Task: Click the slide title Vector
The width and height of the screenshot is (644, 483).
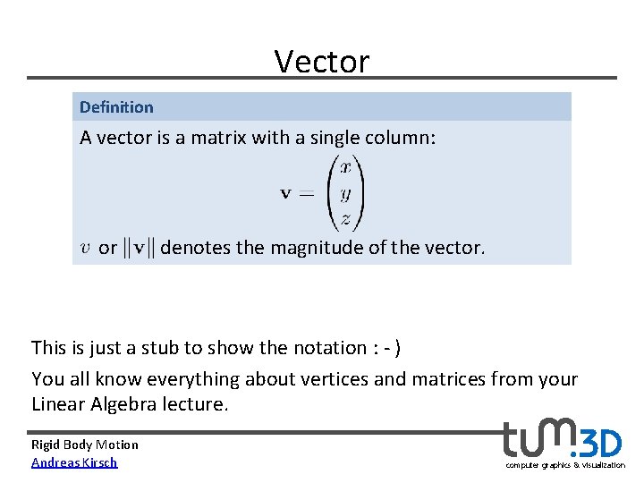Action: tap(321, 61)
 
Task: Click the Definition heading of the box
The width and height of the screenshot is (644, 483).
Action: tap(116, 107)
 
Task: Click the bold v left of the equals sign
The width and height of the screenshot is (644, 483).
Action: tap(287, 194)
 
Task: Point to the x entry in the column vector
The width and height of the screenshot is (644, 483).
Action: tap(344, 166)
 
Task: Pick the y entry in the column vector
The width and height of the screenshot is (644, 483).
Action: tap(344, 192)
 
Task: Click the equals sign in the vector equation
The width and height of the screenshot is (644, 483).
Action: tap(306, 194)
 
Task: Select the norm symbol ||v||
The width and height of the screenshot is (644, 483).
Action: tap(139, 247)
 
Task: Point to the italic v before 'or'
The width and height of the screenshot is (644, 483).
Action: tap(85, 248)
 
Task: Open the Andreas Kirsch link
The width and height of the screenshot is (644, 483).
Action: tap(74, 462)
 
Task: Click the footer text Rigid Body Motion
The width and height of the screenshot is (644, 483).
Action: tap(85, 445)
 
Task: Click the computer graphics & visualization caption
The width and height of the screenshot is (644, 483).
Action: tap(565, 465)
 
